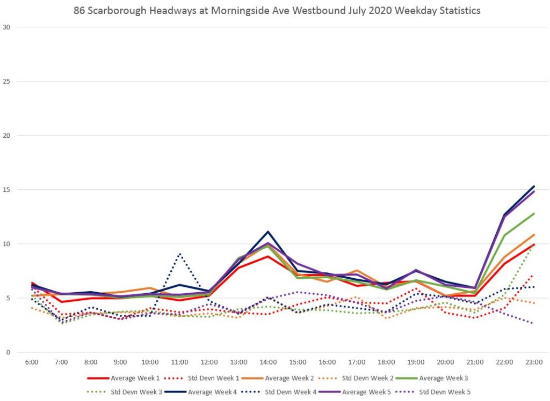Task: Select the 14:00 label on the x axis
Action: pos(268,362)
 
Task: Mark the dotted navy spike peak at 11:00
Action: pos(179,254)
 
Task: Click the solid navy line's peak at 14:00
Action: pos(268,232)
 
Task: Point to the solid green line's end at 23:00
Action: pos(534,213)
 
